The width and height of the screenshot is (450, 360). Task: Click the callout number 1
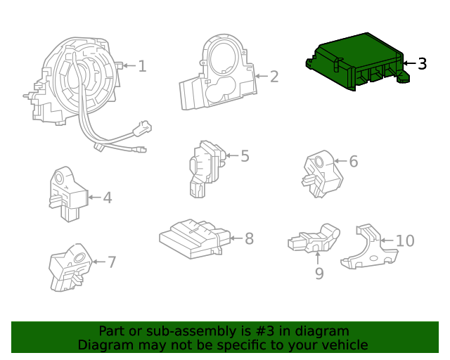point(142,66)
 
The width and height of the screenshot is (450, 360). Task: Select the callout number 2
point(274,77)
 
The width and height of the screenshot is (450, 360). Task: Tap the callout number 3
point(421,64)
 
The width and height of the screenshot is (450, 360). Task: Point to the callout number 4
point(107,198)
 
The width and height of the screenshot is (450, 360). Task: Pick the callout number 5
point(244,156)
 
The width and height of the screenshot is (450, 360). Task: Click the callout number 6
point(353,162)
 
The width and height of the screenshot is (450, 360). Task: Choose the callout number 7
point(111,262)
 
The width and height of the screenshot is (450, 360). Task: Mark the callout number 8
point(248,239)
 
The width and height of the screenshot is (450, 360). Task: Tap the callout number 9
point(319,273)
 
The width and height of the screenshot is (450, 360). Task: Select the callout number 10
point(405,241)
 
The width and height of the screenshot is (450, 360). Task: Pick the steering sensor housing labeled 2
point(218,74)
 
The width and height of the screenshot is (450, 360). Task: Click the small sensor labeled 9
point(314,239)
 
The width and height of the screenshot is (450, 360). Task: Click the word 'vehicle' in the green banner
point(344,345)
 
